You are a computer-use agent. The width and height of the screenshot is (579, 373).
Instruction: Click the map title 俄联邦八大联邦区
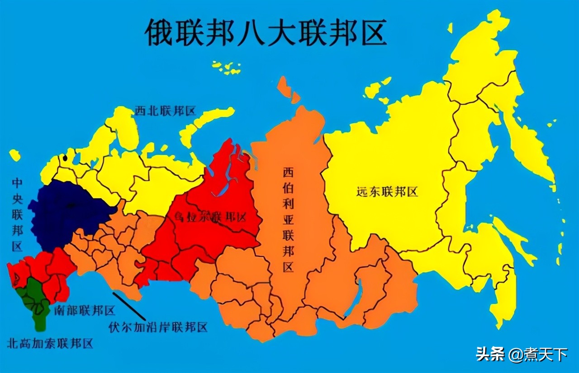(266, 33)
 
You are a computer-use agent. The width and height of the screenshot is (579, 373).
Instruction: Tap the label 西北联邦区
(165, 111)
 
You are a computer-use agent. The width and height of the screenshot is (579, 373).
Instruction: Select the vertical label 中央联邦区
(17, 214)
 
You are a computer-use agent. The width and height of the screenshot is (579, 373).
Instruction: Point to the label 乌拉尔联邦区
(210, 217)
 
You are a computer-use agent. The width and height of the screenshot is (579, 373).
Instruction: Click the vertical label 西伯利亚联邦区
(289, 219)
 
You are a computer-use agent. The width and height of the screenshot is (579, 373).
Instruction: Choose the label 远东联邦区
(387, 192)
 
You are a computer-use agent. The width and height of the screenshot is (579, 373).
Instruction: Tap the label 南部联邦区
(84, 311)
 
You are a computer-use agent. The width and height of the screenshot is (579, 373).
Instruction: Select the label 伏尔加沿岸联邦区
(158, 327)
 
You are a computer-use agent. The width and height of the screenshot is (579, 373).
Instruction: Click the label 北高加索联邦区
(50, 343)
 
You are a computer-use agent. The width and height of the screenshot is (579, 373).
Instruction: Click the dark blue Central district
(68, 212)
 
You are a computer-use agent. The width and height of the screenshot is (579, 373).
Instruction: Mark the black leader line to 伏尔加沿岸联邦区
(129, 306)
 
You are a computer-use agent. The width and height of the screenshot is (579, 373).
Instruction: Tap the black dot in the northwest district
(66, 158)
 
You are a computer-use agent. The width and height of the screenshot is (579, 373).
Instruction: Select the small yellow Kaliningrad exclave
(15, 155)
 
